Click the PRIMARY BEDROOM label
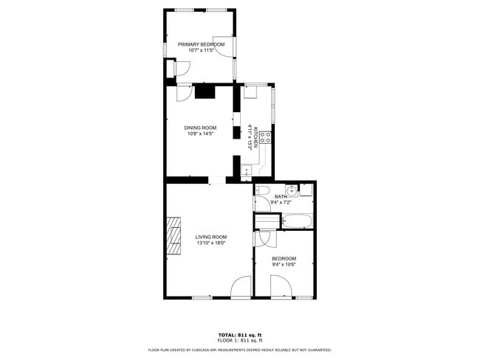point(201,44)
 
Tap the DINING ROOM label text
point(199,128)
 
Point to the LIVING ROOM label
point(210,237)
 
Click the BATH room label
point(281,196)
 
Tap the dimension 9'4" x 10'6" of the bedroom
point(284,264)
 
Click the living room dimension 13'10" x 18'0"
point(210,243)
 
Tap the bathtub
point(297,221)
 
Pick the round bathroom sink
point(292,191)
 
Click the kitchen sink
point(247,169)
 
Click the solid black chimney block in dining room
point(205,91)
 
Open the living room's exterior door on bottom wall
point(241,288)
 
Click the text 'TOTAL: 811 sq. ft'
point(240,334)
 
